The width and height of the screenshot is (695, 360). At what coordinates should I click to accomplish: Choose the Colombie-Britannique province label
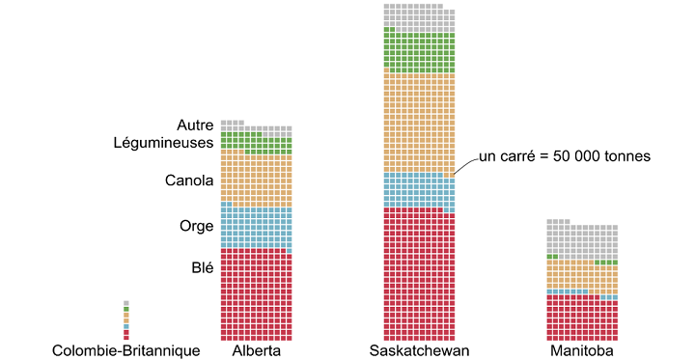[126, 351]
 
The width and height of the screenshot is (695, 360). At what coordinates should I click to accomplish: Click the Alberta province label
[257, 351]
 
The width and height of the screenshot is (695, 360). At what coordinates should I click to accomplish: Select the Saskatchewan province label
[419, 351]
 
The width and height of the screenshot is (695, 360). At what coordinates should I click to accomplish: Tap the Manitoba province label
[581, 351]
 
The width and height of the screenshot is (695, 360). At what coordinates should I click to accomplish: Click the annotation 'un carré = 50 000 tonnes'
[565, 156]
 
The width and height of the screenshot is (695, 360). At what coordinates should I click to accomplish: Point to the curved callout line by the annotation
[465, 164]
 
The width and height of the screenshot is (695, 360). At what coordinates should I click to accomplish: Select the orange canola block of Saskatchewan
[419, 121]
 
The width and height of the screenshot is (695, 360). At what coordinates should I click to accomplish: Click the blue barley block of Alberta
[256, 227]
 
